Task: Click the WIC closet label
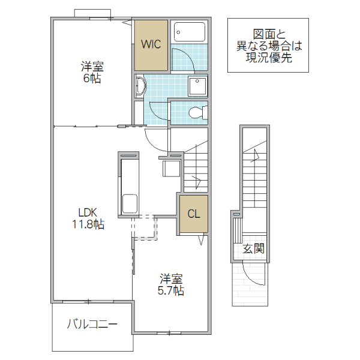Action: [x=150, y=44]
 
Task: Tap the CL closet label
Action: [x=193, y=214]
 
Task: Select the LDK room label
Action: [x=87, y=212]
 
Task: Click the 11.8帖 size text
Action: [x=87, y=224]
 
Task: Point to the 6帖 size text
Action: [x=92, y=79]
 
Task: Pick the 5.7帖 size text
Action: [x=172, y=291]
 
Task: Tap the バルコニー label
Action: [x=92, y=325]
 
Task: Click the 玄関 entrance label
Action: [x=253, y=248]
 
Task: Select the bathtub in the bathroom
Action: [x=189, y=32]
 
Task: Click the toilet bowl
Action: [x=197, y=112]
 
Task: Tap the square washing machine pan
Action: [x=197, y=86]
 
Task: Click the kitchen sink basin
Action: [x=130, y=203]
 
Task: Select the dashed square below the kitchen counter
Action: [x=144, y=228]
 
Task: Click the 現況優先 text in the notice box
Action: [x=268, y=58]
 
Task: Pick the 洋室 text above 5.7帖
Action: [x=172, y=279]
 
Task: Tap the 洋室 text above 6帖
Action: [x=92, y=66]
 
